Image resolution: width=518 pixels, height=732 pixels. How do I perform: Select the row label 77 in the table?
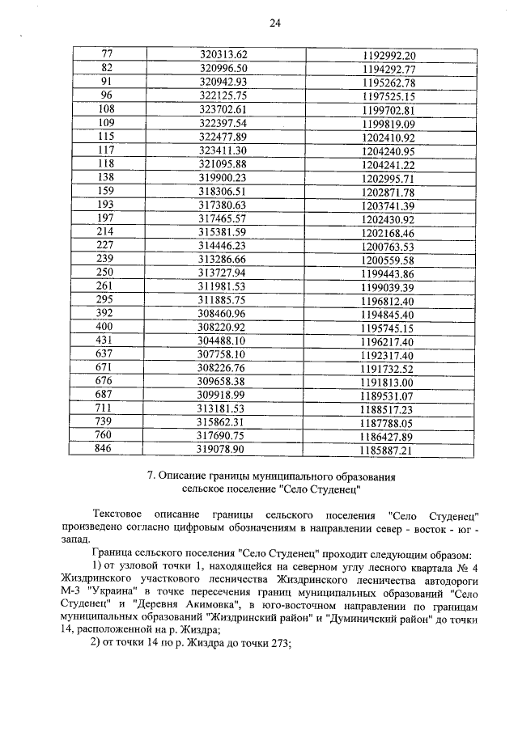(x=106, y=54)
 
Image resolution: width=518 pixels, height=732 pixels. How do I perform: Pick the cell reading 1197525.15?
(x=388, y=96)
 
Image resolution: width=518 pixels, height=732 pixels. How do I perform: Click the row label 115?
(x=106, y=137)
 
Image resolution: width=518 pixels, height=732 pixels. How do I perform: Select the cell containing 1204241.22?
(x=388, y=164)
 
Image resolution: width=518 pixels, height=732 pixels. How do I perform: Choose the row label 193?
(x=106, y=205)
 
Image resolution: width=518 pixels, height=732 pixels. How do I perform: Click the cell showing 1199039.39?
(x=388, y=287)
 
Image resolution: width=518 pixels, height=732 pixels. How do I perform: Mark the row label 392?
(x=106, y=314)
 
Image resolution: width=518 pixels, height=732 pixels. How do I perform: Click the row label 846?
(x=106, y=450)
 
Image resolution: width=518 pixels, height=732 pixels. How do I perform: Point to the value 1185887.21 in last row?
(x=388, y=451)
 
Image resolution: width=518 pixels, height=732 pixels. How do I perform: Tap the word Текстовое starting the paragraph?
(x=121, y=515)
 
